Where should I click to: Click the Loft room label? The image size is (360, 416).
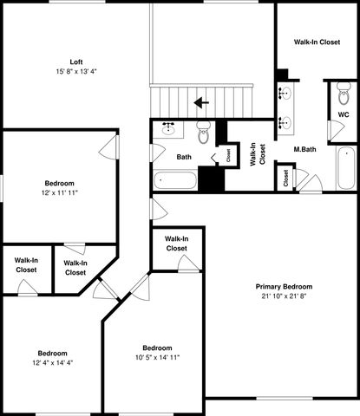tap(76, 61)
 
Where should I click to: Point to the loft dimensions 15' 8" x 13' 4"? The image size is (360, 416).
tap(76, 71)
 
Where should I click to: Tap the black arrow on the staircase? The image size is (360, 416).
tap(201, 102)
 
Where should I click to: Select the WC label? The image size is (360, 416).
tap(344, 113)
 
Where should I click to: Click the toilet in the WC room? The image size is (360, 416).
tap(344, 94)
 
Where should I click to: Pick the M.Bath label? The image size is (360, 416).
tap(304, 150)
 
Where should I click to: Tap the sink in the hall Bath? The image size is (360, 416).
tap(169, 129)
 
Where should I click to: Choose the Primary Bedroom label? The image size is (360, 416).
tap(283, 287)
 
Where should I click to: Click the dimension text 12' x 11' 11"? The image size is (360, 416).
tap(59, 193)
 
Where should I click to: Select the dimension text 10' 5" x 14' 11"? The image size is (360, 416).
tap(157, 357)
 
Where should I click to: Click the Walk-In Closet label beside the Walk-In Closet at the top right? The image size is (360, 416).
tap(317, 41)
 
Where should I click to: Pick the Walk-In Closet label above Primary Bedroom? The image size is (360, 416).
tap(176, 243)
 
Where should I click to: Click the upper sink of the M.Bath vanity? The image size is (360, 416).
tap(285, 92)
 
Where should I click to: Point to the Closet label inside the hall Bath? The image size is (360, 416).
tap(228, 156)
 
